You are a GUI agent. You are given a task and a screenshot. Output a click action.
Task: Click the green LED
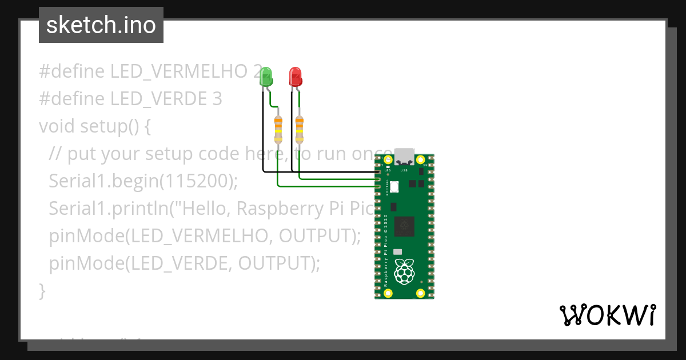[x=266, y=77]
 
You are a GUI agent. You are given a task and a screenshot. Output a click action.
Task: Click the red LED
[x=295, y=77]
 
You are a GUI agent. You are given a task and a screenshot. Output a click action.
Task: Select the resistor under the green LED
[x=278, y=130]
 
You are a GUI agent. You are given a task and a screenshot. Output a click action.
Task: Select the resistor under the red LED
[x=300, y=130]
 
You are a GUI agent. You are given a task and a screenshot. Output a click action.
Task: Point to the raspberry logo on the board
[x=405, y=271]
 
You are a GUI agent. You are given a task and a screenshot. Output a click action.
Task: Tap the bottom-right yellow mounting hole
[x=421, y=293]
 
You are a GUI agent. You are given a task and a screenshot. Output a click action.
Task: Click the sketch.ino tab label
[x=101, y=25]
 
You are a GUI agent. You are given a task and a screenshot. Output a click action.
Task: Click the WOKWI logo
[x=607, y=315]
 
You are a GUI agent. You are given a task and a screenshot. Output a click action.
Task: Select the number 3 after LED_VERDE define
[x=217, y=99]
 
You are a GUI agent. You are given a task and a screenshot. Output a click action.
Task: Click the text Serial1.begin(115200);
[x=143, y=181]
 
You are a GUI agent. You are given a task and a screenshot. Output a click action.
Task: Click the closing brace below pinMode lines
[x=42, y=290]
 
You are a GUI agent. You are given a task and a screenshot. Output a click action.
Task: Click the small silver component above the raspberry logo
[x=398, y=251]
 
